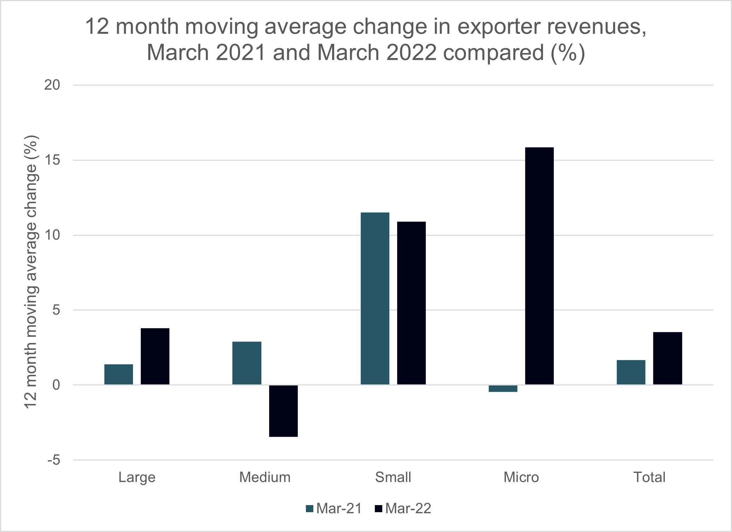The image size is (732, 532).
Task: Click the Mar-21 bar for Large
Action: tap(118, 374)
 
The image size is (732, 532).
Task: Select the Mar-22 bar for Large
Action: tap(155, 356)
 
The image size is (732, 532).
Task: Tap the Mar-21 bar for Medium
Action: tap(247, 363)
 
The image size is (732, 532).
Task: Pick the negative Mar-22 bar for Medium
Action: tap(283, 411)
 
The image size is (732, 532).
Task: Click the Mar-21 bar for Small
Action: tap(375, 298)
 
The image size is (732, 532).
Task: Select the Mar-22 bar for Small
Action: tap(411, 303)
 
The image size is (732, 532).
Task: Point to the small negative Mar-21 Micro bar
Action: tap(503, 389)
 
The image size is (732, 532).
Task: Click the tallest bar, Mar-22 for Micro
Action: tap(539, 266)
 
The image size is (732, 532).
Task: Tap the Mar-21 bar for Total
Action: tap(631, 372)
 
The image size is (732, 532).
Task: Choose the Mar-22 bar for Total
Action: tap(667, 358)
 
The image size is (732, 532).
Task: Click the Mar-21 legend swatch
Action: tap(310, 509)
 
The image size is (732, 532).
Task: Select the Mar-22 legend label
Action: tap(408, 509)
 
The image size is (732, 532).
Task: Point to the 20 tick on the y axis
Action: tap(52, 85)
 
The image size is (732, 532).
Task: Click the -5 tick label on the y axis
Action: tap(53, 460)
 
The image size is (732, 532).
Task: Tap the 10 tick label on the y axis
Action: tap(52, 235)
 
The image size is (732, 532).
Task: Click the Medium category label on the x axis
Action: tap(265, 477)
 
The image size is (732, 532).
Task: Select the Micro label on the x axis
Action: tap(521, 477)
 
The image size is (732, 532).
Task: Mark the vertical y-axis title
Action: tap(31, 272)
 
